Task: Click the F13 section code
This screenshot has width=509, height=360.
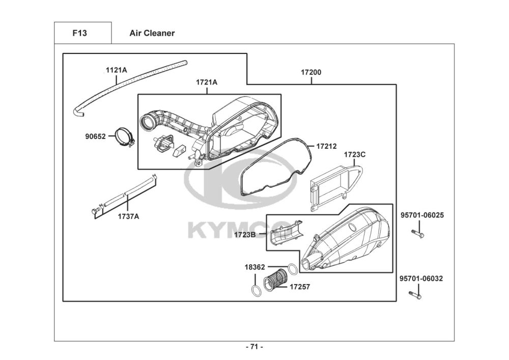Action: tap(79, 33)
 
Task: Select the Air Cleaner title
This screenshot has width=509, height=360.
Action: tap(152, 33)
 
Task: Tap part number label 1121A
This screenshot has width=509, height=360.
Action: tap(117, 70)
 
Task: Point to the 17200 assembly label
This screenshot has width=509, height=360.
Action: tap(310, 72)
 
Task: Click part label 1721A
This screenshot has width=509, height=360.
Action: tap(207, 82)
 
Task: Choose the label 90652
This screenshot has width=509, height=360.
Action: tap(95, 136)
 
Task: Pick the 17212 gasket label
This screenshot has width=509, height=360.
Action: tap(326, 146)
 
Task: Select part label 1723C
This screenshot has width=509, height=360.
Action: tap(355, 154)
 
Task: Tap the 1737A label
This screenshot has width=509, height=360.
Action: tap(128, 216)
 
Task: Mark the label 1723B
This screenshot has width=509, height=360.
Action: tap(245, 234)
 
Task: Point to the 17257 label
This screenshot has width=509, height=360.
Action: tap(300, 287)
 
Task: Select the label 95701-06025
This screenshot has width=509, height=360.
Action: tap(421, 215)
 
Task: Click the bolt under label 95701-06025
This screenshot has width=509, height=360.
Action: tap(418, 234)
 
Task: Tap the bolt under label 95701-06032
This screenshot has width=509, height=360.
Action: tap(415, 295)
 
